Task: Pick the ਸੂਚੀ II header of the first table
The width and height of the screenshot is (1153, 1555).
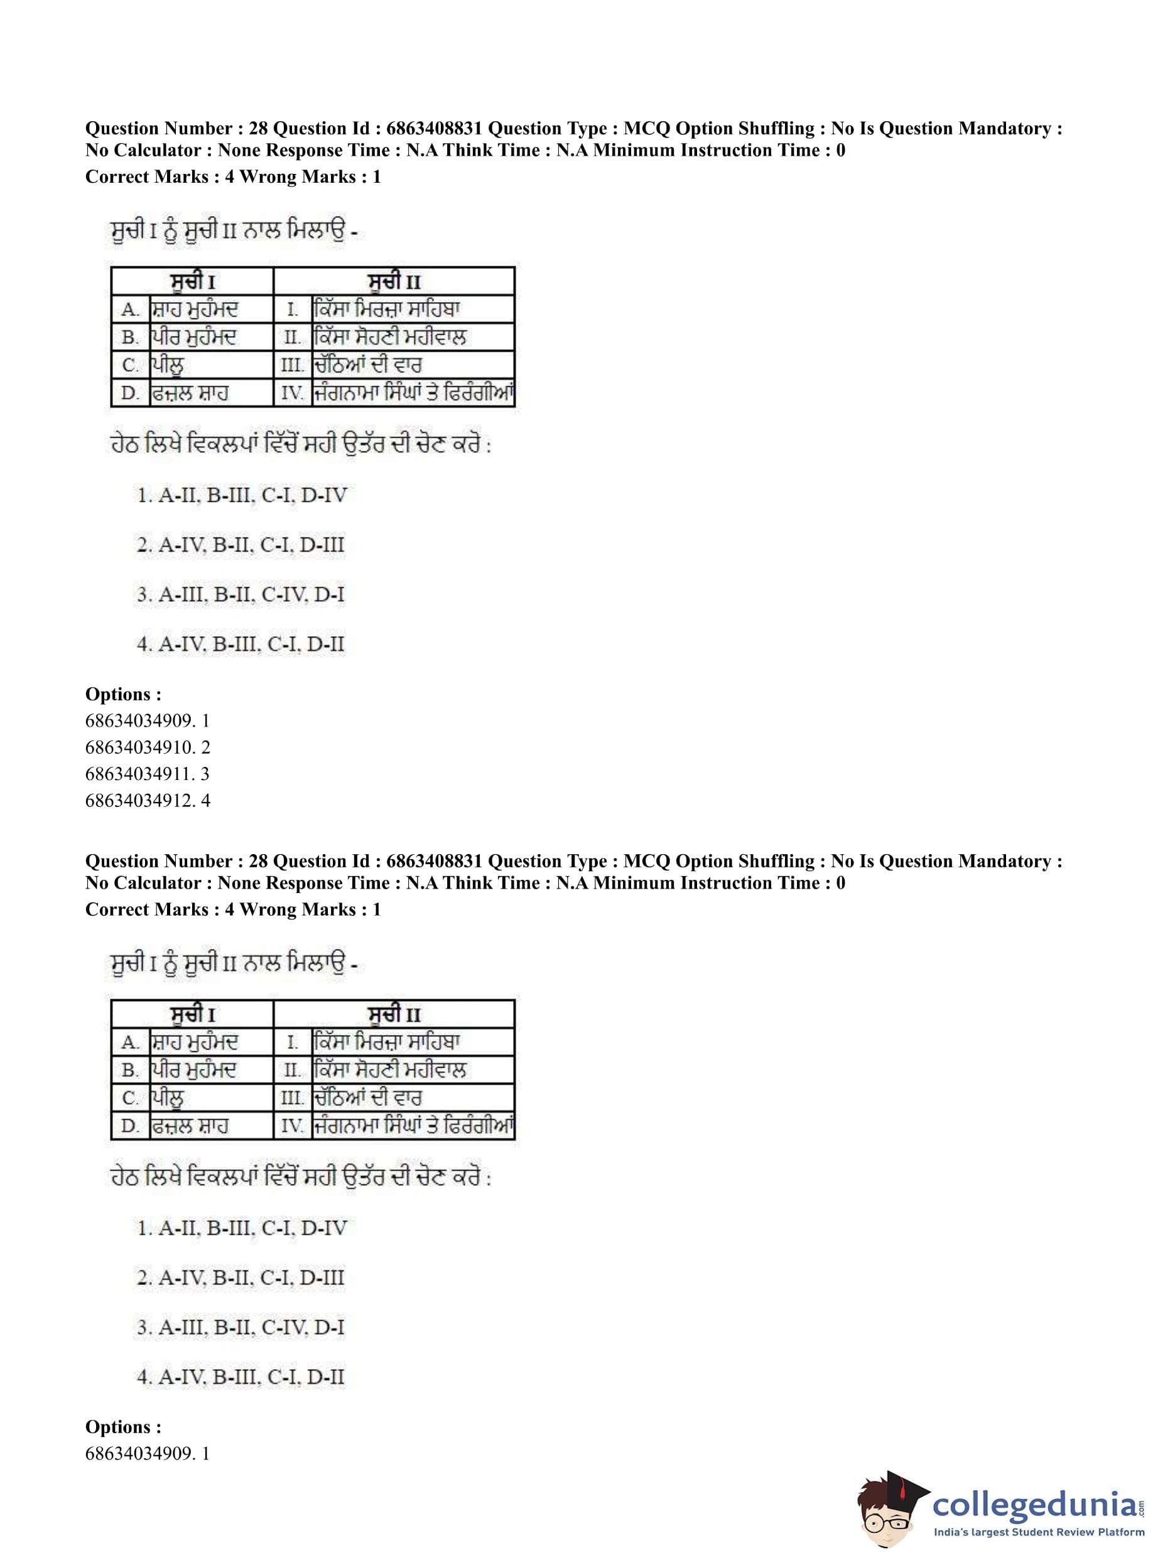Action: [394, 281]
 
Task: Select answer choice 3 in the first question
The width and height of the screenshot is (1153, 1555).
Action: [240, 595]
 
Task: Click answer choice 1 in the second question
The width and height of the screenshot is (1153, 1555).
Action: [242, 1228]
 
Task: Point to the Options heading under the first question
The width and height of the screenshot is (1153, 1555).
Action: [123, 695]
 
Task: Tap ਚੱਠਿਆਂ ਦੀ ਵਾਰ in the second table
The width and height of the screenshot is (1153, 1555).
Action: [367, 1098]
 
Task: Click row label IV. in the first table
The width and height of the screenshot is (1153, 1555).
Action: [293, 394]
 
